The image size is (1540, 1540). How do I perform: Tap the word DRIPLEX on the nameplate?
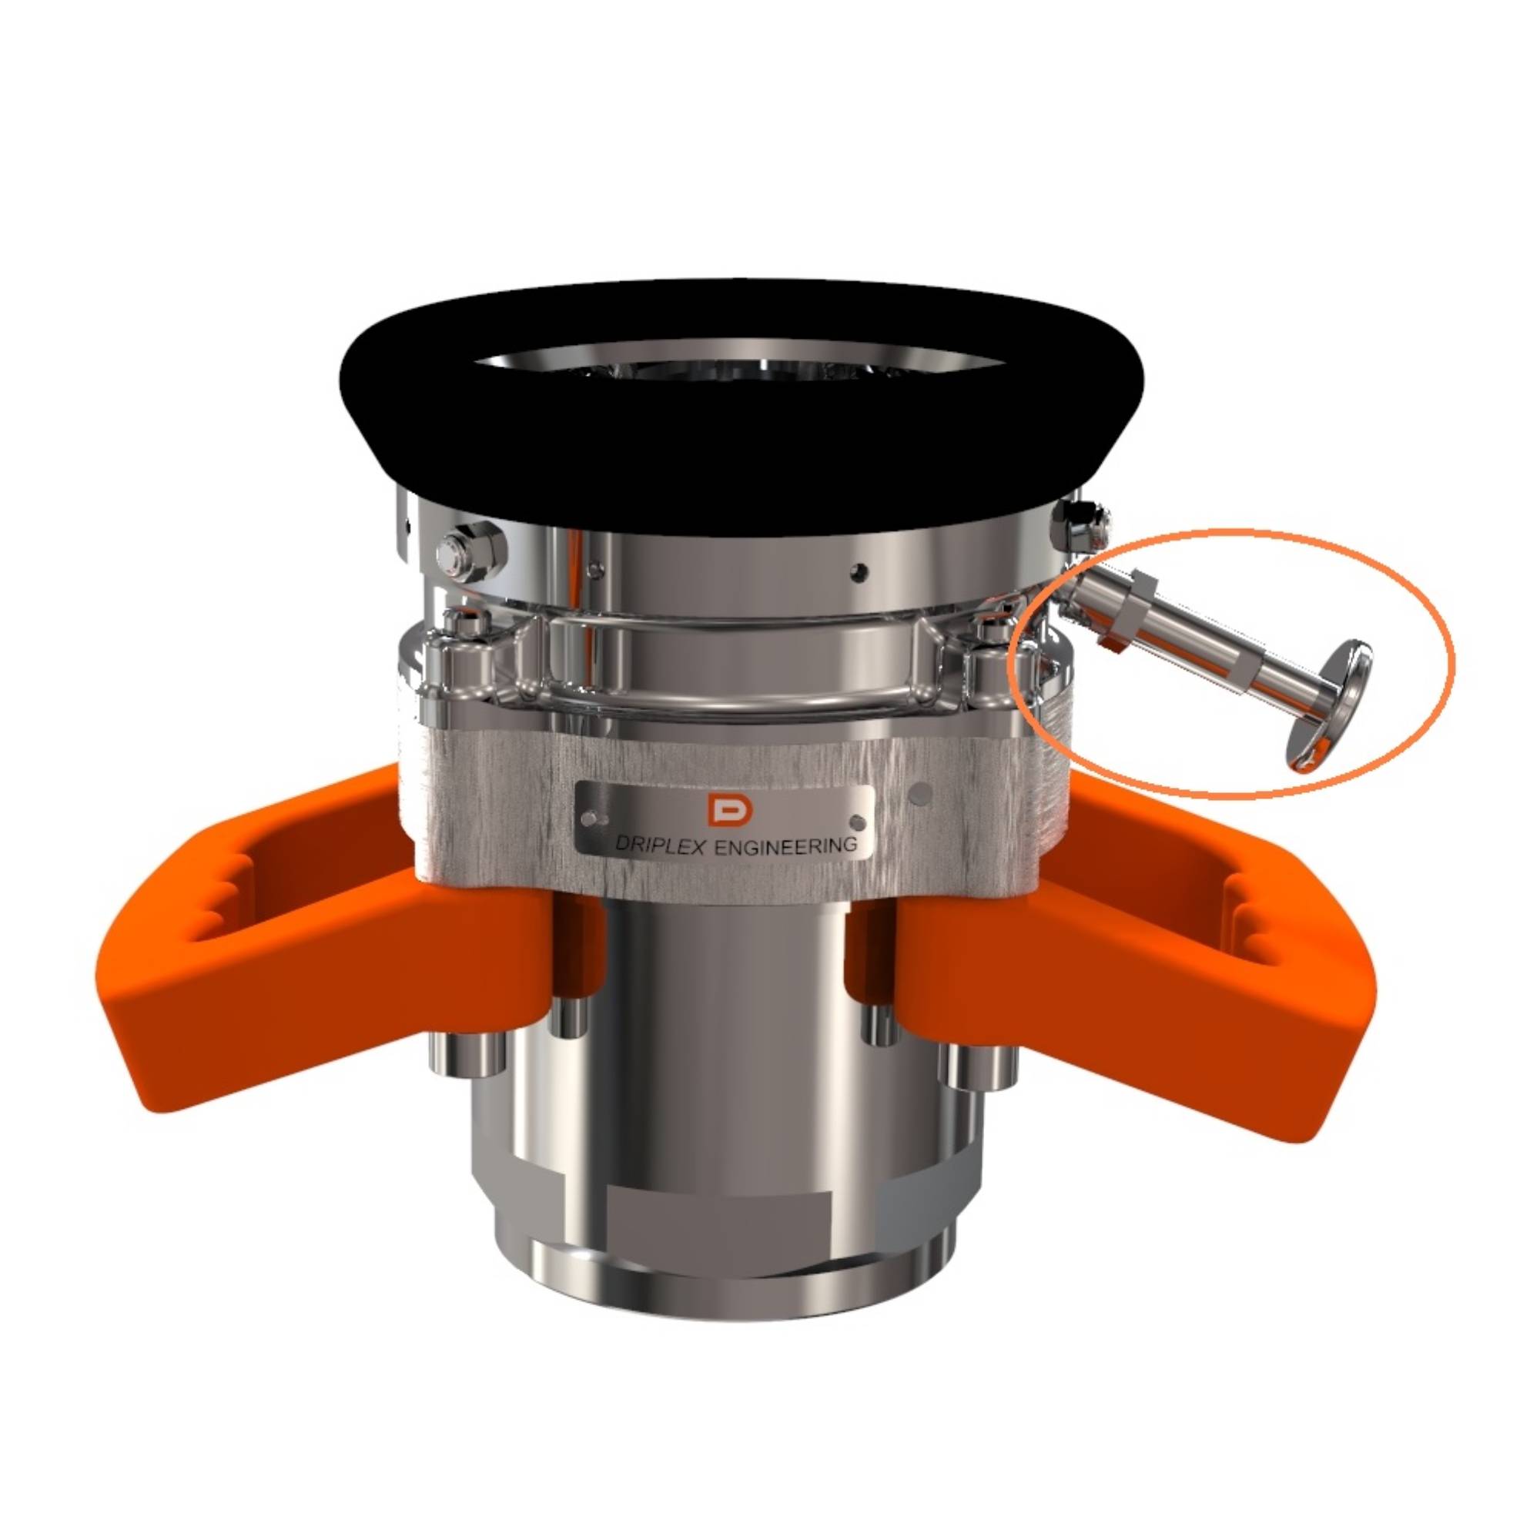click(660, 847)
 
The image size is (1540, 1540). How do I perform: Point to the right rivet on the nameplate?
click(858, 821)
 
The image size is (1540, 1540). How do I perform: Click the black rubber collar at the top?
click(742, 447)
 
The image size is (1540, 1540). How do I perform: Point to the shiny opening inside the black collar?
click(742, 368)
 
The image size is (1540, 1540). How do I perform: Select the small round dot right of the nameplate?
click(922, 794)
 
